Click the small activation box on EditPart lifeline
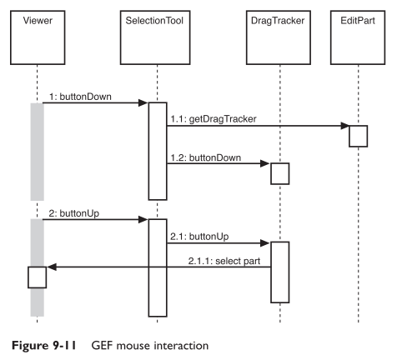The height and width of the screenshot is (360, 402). (x=358, y=136)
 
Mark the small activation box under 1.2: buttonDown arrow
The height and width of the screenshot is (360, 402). (x=279, y=172)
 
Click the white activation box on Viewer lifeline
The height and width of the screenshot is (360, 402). (x=38, y=277)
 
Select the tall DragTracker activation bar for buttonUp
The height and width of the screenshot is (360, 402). (x=279, y=271)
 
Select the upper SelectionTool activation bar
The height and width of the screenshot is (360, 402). (x=158, y=151)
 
